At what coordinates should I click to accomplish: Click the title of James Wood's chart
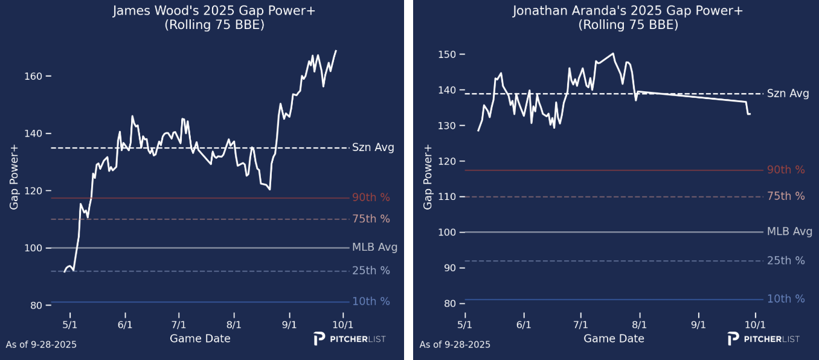201,11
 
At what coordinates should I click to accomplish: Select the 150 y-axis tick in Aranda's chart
448,54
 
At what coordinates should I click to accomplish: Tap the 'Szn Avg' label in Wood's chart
373,147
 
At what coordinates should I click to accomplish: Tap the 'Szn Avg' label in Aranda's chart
788,93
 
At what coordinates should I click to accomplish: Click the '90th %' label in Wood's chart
371,198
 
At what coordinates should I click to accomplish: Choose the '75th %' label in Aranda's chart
786,196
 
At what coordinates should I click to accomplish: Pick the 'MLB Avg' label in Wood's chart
374,247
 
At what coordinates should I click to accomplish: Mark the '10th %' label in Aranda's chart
786,299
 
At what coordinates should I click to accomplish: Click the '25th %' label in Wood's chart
371,271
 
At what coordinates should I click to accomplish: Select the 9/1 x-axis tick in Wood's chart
289,324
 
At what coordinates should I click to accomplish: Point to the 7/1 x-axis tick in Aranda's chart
581,324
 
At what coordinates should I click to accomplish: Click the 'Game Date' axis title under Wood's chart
200,338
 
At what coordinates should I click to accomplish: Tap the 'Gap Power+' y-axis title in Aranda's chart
428,177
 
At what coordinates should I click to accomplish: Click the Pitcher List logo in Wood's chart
349,339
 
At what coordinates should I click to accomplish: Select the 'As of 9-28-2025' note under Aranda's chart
455,345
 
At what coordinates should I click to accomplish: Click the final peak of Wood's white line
336,51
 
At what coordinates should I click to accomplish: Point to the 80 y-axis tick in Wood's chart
36,305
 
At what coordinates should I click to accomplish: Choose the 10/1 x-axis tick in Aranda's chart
755,324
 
